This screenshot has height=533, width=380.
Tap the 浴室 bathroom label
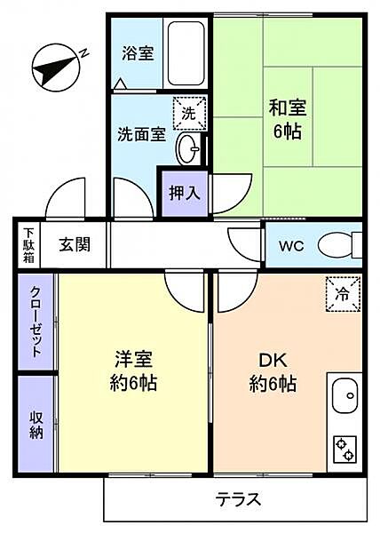coord(138,52)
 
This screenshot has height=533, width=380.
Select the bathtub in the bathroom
coord(187,52)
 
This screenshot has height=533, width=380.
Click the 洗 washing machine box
coord(188,113)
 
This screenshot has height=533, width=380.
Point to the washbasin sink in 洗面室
coord(187,148)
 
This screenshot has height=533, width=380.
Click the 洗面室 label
coord(142,135)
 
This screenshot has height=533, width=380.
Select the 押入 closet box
coord(185,192)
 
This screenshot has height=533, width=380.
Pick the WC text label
coord(292,246)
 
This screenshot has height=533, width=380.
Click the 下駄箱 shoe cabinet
coord(28,244)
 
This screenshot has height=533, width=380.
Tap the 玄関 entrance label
coord(75,244)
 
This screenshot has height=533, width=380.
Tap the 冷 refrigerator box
coord(343,295)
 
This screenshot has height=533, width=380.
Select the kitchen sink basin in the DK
coord(343,393)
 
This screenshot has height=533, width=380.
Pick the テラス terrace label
coord(237,499)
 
